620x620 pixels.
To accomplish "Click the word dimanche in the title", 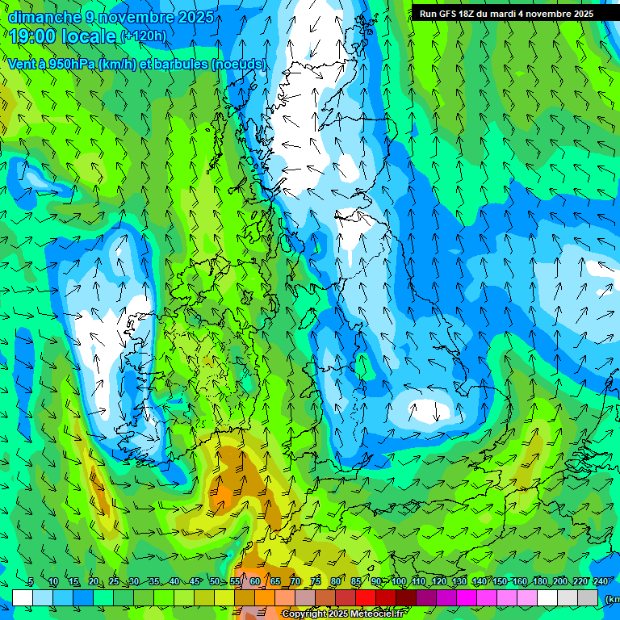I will click(41, 17).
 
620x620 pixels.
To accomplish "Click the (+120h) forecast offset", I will click(144, 36).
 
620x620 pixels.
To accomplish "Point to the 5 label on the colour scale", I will click(30, 582).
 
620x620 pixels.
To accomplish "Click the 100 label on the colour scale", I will click(399, 582).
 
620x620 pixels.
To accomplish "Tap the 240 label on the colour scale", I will click(601, 582).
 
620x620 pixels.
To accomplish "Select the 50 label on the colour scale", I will click(215, 582).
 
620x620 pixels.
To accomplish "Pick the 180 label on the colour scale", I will click(539, 582).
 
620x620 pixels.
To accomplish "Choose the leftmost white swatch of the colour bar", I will click(23, 597).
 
